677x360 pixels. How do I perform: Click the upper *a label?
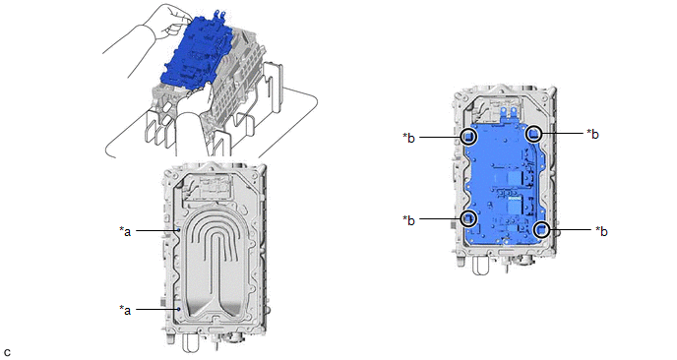125,231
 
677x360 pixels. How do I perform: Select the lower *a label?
125,310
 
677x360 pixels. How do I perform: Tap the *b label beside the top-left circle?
409,138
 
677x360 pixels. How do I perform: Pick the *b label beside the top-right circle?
592,134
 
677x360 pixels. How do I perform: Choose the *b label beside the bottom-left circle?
409,219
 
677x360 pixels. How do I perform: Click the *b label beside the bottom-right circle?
601,231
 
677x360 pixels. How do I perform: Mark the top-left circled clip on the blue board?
469,137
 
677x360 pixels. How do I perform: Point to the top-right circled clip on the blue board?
534,134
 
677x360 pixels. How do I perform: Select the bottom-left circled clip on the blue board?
469,218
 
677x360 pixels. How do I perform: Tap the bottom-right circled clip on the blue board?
541,229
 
